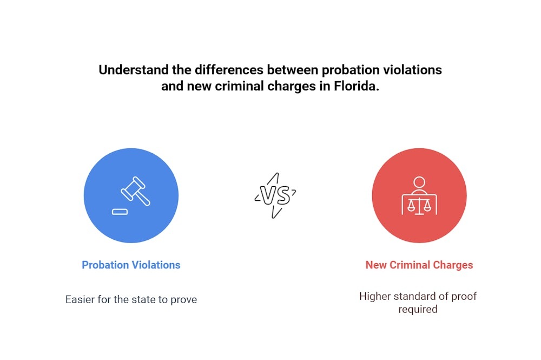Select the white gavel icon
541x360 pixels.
(x=135, y=191)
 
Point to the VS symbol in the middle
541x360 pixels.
(x=275, y=195)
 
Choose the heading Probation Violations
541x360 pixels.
(x=131, y=265)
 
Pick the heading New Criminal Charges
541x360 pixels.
(x=419, y=265)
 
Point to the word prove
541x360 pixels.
(x=183, y=299)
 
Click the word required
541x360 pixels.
(x=418, y=310)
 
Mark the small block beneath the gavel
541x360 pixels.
(x=120, y=211)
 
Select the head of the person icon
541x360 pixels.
(x=419, y=182)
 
